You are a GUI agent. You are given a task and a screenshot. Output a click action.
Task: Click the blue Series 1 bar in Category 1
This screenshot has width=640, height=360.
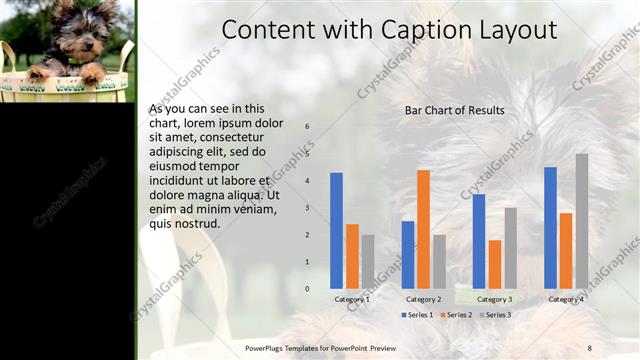tap(336, 231)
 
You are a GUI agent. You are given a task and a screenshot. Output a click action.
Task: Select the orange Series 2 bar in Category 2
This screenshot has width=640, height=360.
tap(423, 229)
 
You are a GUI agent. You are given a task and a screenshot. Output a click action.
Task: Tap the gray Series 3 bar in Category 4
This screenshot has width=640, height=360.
tap(581, 221)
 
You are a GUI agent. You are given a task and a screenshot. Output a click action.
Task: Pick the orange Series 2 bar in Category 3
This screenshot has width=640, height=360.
tap(495, 264)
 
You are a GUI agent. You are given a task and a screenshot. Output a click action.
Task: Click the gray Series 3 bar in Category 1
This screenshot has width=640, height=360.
tap(368, 262)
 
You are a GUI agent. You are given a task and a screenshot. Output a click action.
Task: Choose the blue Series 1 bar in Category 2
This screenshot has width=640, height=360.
tap(408, 255)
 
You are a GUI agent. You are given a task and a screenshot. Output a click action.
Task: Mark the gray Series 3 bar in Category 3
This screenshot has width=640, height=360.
tap(510, 248)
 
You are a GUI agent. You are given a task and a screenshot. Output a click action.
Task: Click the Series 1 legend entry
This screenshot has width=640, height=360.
tap(417, 315)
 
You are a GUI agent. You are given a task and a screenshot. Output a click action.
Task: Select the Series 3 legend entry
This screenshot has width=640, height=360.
tap(495, 315)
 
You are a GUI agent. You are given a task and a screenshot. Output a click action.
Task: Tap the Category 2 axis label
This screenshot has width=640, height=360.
tap(423, 299)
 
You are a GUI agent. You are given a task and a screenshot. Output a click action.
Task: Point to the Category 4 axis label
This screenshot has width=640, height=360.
tap(566, 299)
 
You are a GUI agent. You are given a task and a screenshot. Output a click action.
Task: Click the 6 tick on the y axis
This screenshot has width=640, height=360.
tap(307, 127)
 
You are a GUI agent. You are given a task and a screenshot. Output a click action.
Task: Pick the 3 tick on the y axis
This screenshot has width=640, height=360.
tap(307, 208)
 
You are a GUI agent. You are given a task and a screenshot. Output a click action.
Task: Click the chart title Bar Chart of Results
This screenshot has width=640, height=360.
tap(454, 110)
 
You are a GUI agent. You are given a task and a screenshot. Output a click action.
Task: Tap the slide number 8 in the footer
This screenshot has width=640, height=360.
tap(589, 347)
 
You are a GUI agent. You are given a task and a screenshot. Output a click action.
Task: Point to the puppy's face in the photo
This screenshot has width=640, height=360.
tap(76, 31)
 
